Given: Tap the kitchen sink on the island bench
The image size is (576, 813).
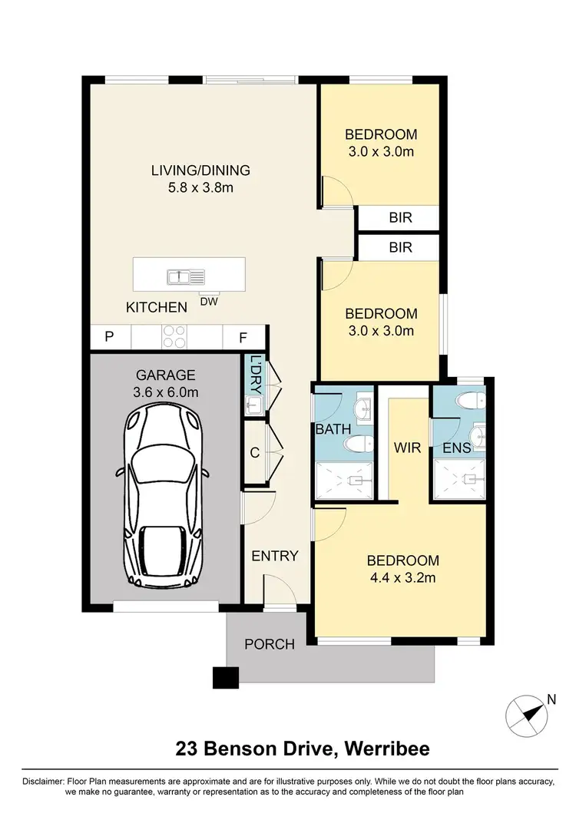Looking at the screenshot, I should [185, 276].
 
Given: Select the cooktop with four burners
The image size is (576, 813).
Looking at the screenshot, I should [174, 336].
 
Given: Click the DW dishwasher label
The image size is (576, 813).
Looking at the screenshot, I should [209, 301].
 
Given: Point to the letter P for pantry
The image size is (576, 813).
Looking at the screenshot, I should [109, 336].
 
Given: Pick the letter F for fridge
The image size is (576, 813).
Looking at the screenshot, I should [243, 336].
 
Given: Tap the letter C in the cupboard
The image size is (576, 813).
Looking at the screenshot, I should [254, 452].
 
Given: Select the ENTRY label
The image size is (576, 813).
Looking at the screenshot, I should [275, 556].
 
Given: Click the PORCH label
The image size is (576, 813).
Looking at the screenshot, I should [270, 644].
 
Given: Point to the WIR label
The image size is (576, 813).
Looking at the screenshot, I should [407, 447].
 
